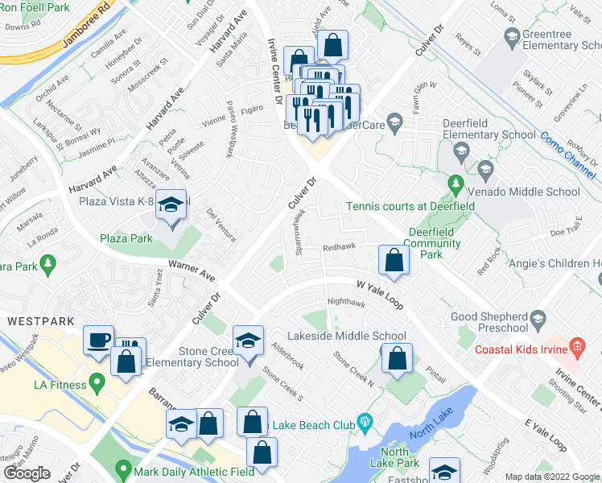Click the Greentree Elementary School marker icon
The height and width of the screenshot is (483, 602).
click(x=511, y=36)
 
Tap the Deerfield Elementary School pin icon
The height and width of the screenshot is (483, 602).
click(x=461, y=151)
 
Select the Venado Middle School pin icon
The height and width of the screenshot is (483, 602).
click(x=485, y=170)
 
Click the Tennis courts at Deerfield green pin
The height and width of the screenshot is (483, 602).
click(x=455, y=184)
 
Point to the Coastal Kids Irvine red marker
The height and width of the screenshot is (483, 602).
click(x=577, y=348)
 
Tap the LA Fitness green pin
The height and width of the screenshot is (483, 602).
click(x=98, y=385)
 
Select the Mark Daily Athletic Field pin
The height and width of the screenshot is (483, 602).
click(x=123, y=467)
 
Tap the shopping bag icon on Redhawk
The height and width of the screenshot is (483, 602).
click(x=393, y=259)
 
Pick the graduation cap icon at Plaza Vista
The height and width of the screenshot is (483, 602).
click(x=171, y=205)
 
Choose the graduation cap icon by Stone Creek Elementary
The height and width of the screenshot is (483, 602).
click(x=248, y=341)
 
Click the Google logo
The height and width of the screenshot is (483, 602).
click(x=27, y=473)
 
